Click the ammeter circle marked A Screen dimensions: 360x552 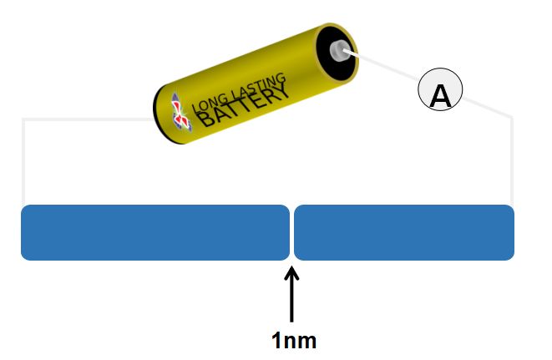click(x=440, y=93)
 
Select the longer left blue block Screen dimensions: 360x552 click(x=154, y=232)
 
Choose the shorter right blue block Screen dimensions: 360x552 click(x=403, y=232)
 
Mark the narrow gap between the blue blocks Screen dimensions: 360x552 click(x=291, y=232)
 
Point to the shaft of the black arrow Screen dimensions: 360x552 click(x=291, y=301)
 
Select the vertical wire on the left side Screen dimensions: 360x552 click(x=23, y=163)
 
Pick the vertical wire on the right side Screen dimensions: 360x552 click(x=511, y=163)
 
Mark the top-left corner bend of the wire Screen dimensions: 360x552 click(x=23, y=119)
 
